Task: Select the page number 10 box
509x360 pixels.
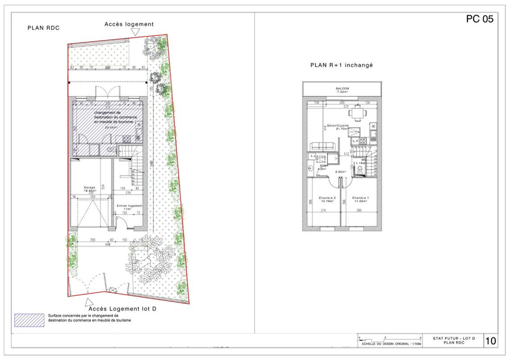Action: [490, 341]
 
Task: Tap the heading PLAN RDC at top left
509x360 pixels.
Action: [44, 28]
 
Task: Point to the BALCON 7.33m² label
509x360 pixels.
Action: [342, 90]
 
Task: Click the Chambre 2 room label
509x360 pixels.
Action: [327, 199]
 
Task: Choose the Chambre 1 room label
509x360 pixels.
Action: [360, 199]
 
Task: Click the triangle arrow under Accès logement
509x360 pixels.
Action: [135, 31]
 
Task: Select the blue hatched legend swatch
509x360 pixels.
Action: [29, 319]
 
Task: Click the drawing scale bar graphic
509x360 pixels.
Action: [389, 338]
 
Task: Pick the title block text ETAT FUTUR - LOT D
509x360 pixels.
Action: [452, 337]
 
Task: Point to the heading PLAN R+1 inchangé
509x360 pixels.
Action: [342, 65]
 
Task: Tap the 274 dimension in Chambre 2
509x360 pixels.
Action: [323, 211]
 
